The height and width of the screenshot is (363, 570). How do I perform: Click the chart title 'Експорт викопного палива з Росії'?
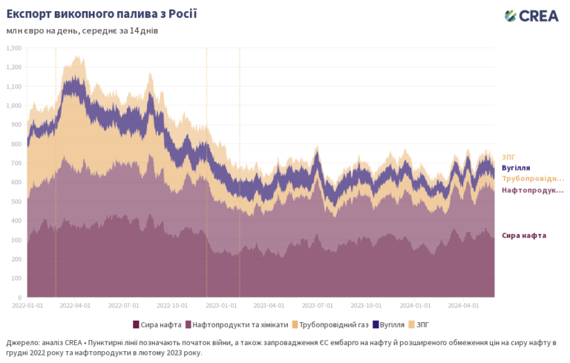point(102,15)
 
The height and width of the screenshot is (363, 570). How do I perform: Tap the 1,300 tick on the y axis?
point(14,48)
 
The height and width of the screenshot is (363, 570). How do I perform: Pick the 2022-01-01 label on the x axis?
point(27,304)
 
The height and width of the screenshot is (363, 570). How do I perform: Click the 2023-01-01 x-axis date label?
point(223,304)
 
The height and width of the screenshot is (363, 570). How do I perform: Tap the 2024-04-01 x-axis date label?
point(466,304)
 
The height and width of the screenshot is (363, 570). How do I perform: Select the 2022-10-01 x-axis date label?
point(174,304)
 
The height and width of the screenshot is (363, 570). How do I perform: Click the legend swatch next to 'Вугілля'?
point(376,324)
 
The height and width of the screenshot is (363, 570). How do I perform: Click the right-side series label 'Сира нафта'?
point(524,235)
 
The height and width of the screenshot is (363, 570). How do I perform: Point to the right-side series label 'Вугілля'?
point(516,168)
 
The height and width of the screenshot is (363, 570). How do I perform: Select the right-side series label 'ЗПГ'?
point(508,157)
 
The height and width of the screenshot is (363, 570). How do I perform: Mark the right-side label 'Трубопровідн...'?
point(532,179)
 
